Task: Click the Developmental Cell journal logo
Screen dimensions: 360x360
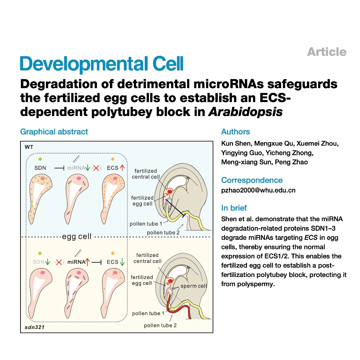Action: (101, 64)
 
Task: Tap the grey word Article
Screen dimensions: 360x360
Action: (327, 52)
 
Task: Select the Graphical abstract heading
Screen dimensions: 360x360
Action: (54, 132)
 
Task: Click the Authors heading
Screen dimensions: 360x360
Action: (235, 132)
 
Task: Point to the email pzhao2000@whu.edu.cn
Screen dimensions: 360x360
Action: (258, 190)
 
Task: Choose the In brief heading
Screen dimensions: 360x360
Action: (234, 208)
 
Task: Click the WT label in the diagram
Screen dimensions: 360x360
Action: (29, 147)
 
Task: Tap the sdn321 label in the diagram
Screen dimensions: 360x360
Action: (34, 327)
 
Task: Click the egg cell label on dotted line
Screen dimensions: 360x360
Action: (77, 236)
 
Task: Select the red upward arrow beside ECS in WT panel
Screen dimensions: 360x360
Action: (122, 168)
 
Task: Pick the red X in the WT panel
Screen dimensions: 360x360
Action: (96, 168)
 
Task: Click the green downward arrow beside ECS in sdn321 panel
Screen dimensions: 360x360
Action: (122, 262)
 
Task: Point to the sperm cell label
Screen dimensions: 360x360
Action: (194, 286)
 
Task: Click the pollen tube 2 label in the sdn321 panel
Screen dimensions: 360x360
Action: (160, 325)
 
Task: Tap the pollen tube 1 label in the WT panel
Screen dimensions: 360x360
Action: (146, 224)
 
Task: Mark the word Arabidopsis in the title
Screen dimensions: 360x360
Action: (245, 112)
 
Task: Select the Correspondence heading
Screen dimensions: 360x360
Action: (252, 180)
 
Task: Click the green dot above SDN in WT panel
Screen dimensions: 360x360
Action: (40, 159)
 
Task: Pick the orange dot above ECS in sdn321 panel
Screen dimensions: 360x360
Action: (113, 253)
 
